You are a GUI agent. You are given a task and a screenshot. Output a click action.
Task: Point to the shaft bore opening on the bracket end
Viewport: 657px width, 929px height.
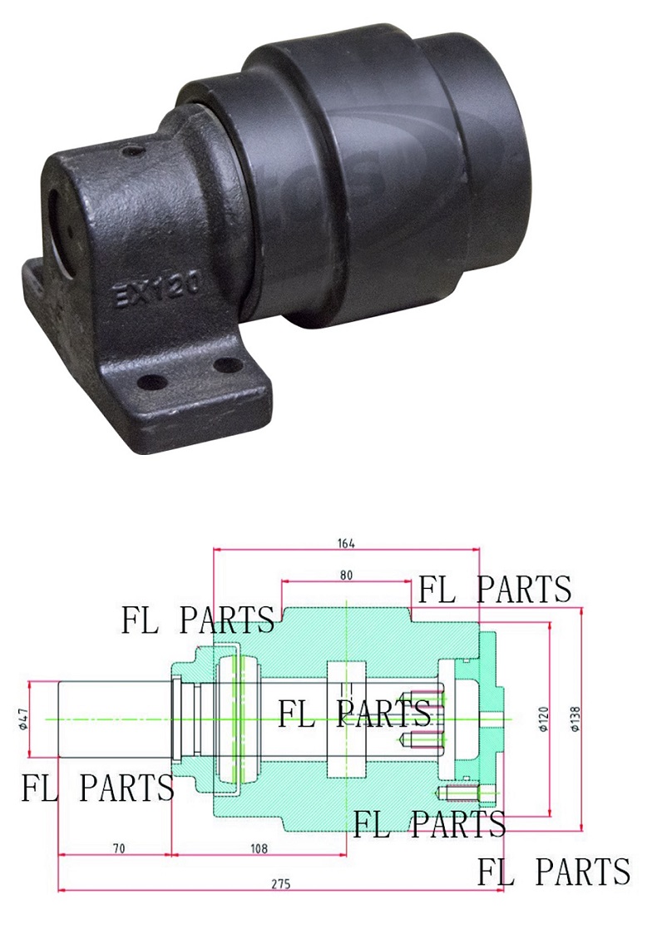(60, 211)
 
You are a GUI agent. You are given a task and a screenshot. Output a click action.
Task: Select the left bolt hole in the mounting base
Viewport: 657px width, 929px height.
(152, 383)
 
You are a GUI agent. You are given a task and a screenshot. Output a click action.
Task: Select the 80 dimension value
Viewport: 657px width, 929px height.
(347, 575)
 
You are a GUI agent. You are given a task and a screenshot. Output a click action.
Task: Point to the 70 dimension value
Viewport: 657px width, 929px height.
(118, 848)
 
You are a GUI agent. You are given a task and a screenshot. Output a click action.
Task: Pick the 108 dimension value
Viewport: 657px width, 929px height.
(259, 848)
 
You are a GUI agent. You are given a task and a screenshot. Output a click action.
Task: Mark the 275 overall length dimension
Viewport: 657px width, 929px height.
(281, 884)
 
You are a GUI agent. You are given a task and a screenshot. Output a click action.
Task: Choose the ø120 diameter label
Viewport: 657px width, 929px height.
(543, 718)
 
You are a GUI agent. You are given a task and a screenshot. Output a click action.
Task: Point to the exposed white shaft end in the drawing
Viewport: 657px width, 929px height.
(112, 719)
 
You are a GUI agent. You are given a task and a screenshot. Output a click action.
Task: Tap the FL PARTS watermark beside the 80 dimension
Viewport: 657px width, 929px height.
(494, 589)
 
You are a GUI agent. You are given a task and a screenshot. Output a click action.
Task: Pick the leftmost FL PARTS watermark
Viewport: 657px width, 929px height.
(97, 787)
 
